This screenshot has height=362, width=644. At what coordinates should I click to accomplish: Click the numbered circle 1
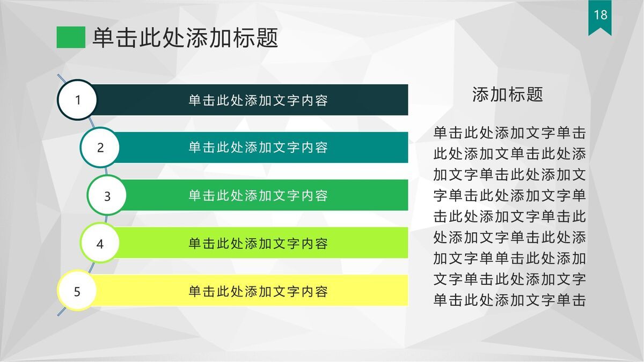pos(77,100)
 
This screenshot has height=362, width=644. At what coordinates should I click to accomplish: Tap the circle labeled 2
pos(100,147)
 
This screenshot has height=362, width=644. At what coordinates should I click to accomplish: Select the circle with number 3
pos(107,196)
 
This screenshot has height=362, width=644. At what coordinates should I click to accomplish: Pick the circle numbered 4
pos(100,243)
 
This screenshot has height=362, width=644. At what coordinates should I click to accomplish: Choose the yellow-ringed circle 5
pos(77,291)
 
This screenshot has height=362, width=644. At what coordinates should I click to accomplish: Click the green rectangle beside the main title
pos(71,38)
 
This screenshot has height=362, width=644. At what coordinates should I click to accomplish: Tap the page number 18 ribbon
pos(600,16)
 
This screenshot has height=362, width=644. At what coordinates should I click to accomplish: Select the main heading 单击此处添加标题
pos(185,38)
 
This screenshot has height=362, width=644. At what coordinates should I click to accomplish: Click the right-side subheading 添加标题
pos(508,94)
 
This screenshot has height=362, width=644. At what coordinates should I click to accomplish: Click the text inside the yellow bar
pos(258,291)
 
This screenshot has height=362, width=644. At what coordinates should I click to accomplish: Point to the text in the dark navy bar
pos(258,100)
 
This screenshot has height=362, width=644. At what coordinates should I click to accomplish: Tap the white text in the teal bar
pos(258,147)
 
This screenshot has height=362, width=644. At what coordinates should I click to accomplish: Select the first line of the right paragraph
pos(509,133)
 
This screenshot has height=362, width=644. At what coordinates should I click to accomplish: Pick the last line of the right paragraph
pos(509,300)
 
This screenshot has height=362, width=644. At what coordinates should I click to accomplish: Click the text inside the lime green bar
pos(258,243)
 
